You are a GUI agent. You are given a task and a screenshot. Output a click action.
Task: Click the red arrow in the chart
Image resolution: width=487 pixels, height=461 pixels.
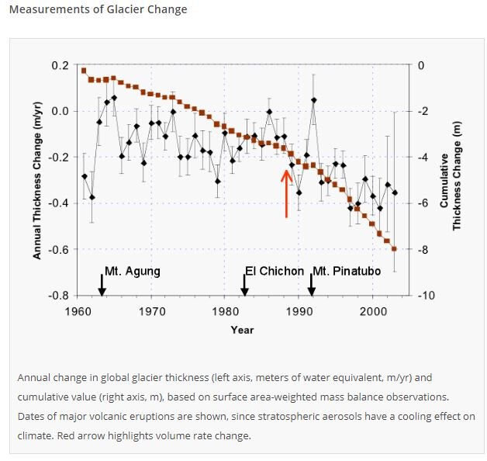coord(286,192)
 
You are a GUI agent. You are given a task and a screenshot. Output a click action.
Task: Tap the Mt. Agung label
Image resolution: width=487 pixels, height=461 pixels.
coord(133,272)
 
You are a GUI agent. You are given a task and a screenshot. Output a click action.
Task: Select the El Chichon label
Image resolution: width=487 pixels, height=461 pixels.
coord(275,272)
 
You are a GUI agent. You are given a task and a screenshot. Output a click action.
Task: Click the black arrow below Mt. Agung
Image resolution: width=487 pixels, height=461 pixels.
coord(102,285)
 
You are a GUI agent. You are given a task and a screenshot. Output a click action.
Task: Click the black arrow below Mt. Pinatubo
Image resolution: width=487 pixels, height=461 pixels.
coord(312,285)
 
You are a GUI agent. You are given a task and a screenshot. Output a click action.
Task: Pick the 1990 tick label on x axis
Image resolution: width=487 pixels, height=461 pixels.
coord(299,311)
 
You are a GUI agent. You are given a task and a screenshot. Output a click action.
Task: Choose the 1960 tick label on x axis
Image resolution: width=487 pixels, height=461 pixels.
coord(76,311)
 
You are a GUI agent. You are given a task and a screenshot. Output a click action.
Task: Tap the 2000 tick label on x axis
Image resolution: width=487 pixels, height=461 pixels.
coord(373,311)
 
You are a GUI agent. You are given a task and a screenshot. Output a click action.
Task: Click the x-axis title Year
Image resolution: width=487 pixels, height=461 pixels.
coord(242,330)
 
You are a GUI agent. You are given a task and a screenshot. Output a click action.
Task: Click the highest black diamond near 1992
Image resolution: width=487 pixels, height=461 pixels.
coord(314,100)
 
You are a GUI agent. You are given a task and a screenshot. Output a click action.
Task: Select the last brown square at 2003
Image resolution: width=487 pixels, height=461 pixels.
coord(394,248)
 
